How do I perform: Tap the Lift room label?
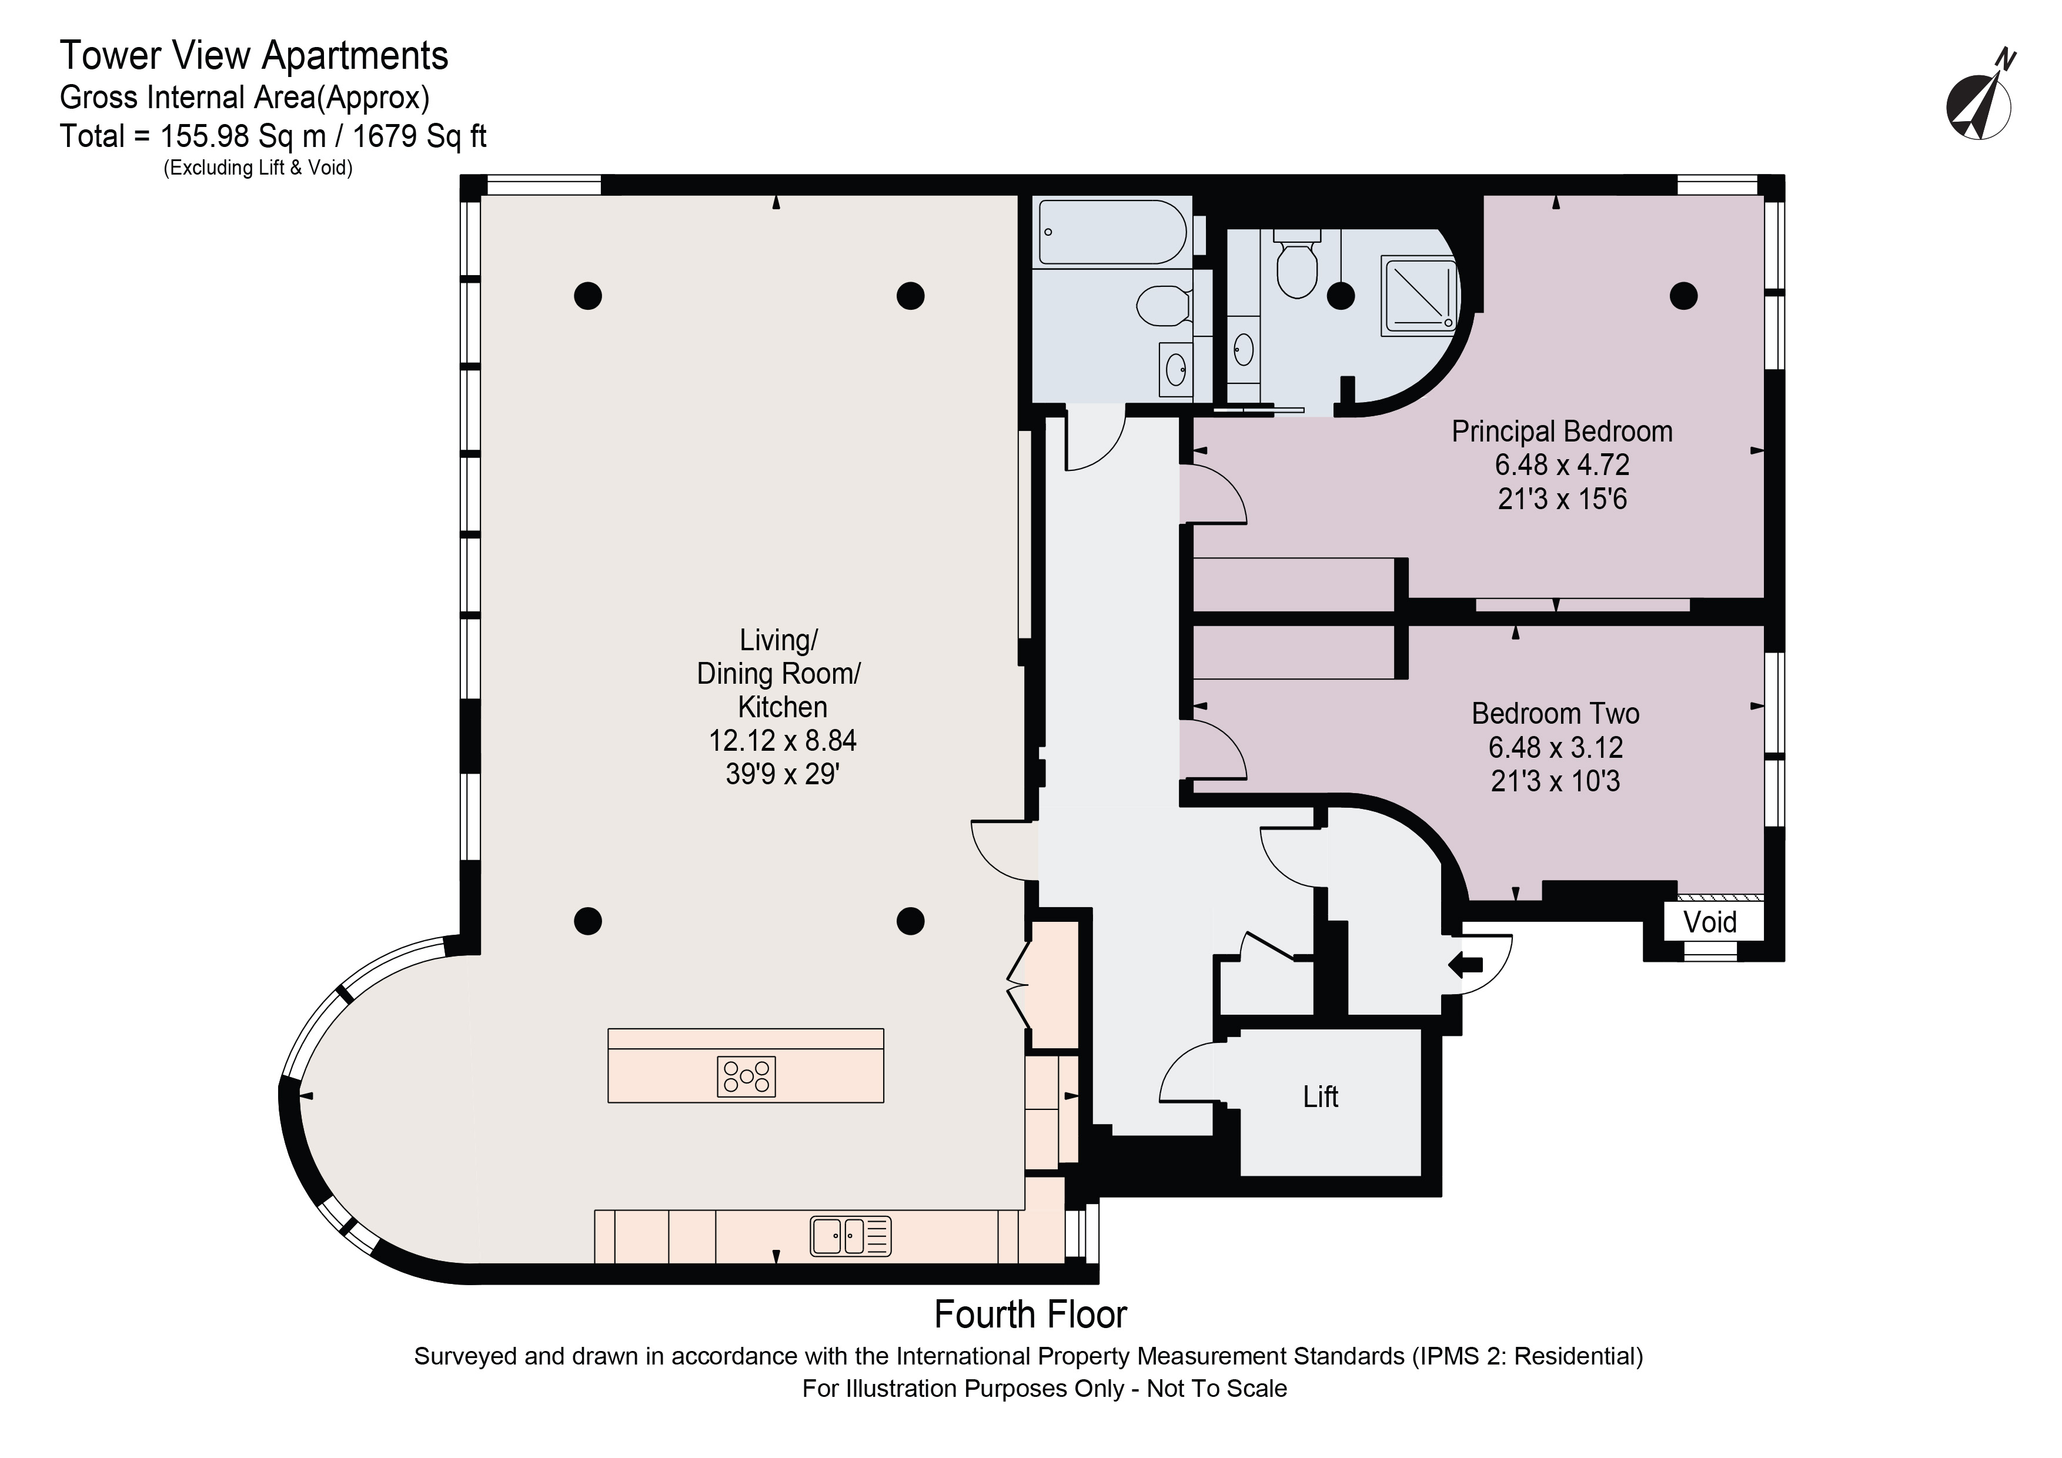coord(1320,1096)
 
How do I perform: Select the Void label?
coord(1710,922)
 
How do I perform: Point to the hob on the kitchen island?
coord(746,1076)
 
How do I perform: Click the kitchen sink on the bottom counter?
coord(850,1235)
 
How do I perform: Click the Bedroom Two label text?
coord(1556,714)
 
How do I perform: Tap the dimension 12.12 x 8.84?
coord(782,741)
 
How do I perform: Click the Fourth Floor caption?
coord(1030,1315)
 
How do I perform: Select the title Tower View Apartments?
coord(254,56)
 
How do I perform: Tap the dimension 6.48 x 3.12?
coord(1556,747)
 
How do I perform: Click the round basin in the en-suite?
coord(1244,349)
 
